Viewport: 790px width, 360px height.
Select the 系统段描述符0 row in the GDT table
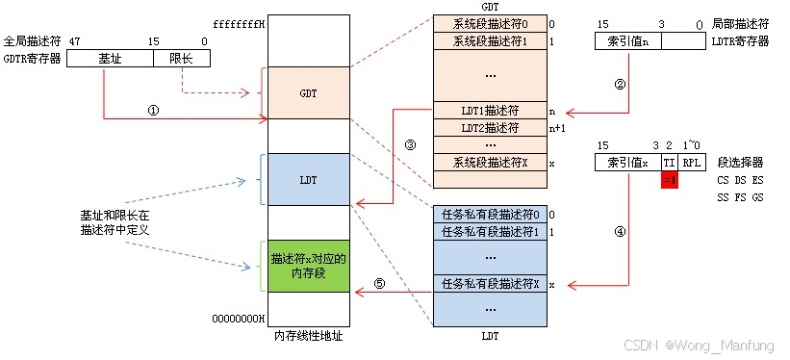487,23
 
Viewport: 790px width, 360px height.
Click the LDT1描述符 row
487,111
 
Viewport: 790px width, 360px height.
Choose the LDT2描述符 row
487,127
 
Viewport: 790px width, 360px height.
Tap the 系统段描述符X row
487,163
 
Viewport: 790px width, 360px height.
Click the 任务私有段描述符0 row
487,215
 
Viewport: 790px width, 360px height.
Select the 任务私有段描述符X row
487,285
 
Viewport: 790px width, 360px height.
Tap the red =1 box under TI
671,180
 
